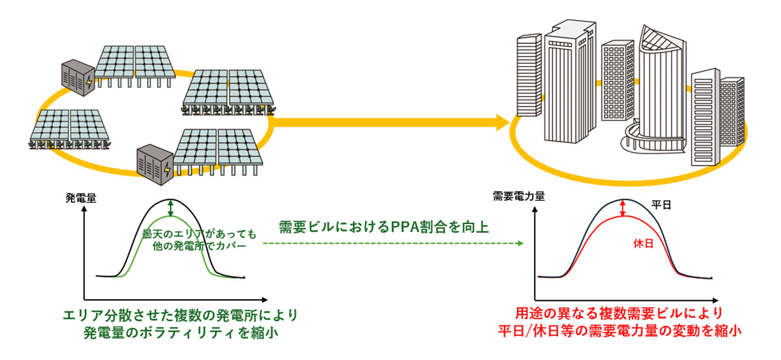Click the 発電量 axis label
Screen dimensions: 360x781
pos(81,198)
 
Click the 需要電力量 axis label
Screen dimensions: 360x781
pos(518,196)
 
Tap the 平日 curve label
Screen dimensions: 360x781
pos(661,205)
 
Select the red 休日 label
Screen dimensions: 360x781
pos(643,244)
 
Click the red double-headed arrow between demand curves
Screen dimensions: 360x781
pos(623,208)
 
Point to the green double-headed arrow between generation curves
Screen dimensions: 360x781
pos(171,208)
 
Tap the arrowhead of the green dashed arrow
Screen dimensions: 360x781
pos(521,243)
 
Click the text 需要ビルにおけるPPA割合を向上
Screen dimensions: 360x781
pos(384,227)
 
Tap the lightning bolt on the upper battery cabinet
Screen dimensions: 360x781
pos(89,82)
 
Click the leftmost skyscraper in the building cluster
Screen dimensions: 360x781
pos(529,76)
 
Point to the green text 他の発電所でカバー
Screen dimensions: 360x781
pos(199,246)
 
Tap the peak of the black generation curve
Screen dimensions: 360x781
pos(171,200)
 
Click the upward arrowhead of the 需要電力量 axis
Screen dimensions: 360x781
pos(535,209)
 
